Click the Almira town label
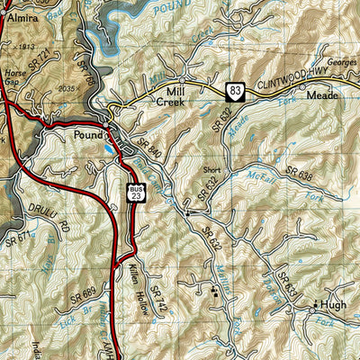point(22,17)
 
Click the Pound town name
point(90,136)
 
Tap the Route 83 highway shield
point(234,89)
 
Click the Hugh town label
point(332,305)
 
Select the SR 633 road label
point(287,285)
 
